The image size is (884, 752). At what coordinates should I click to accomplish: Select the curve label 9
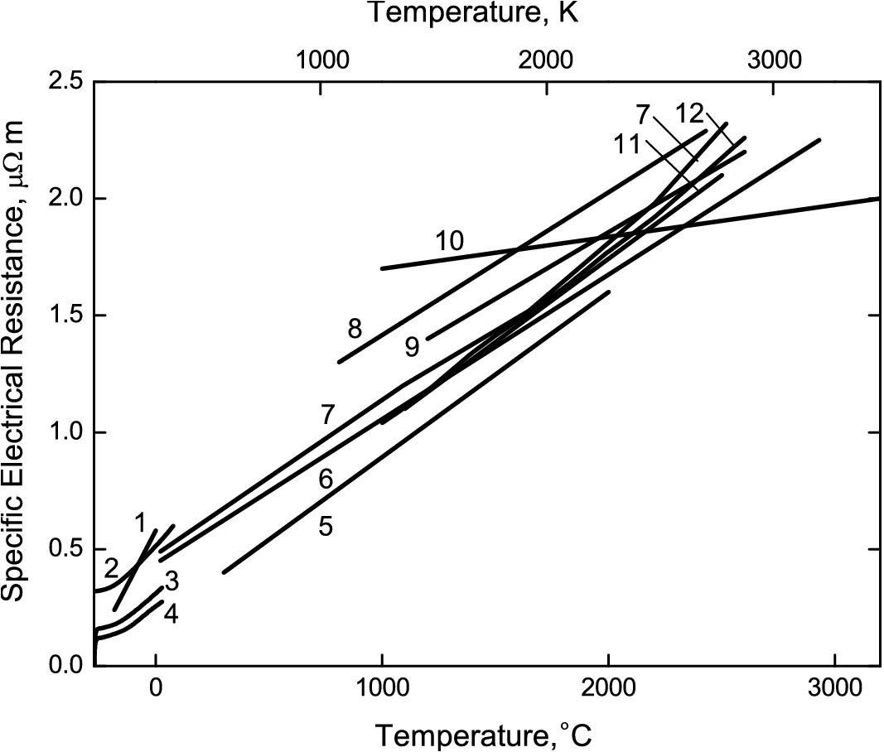click(413, 347)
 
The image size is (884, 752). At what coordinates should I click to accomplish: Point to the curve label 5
click(326, 527)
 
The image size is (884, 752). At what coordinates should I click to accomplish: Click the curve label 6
click(326, 479)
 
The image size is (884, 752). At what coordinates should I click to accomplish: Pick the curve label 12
click(689, 113)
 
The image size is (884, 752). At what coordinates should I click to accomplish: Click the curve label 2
click(111, 568)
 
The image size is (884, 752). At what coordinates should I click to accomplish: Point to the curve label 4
click(171, 614)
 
